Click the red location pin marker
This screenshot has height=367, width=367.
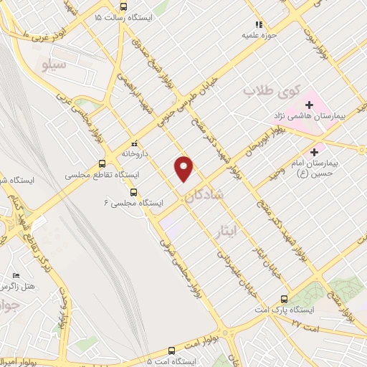pos(184,168)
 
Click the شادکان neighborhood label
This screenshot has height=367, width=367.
pos(209,194)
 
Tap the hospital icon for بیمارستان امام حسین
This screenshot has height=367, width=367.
pos(314,152)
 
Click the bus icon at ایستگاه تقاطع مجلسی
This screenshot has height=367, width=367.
pos(102,163)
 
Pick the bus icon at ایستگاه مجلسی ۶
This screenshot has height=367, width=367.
pos(133,191)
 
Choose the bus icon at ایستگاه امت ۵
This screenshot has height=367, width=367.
pos(171,351)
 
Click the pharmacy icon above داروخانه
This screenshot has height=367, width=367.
pos(133,143)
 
